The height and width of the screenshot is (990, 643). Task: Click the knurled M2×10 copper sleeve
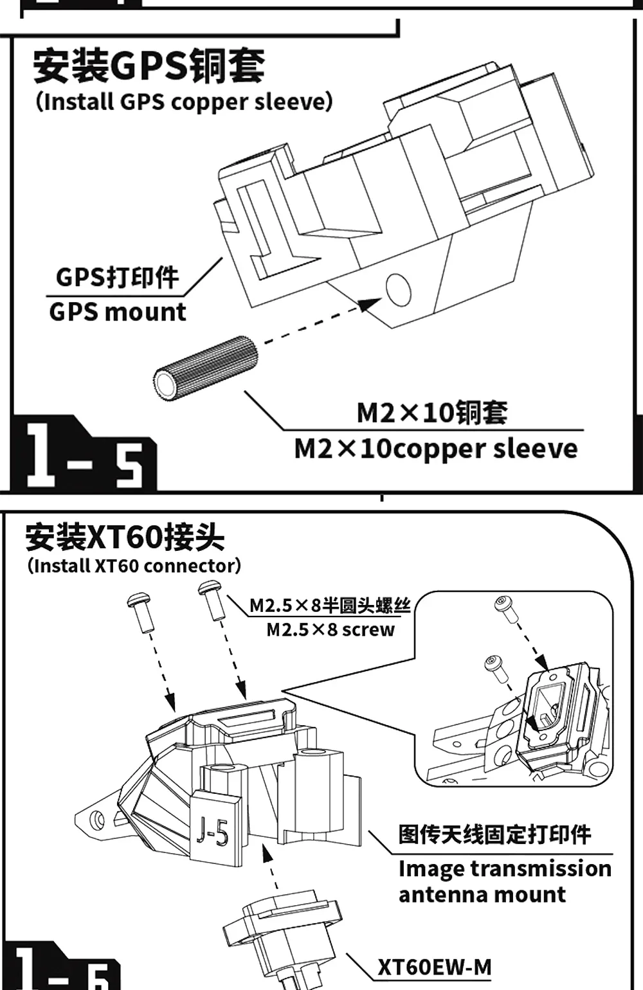205,368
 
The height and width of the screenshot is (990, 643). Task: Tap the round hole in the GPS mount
398,289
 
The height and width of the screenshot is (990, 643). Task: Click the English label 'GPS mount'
117,312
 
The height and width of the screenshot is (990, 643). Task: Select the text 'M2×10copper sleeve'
436,449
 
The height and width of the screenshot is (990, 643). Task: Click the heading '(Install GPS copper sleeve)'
185,102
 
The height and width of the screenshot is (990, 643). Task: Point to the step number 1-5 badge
84,457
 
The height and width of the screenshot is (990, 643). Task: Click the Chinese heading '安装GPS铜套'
149,66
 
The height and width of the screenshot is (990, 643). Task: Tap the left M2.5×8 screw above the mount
140,612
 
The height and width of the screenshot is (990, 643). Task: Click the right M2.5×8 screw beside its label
213,598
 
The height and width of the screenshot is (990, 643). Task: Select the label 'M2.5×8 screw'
331,629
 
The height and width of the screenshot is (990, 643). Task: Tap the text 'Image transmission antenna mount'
504,881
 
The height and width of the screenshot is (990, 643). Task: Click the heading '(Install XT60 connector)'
134,566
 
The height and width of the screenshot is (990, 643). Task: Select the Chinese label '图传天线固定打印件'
494,834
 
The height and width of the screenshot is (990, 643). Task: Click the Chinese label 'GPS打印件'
117,278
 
